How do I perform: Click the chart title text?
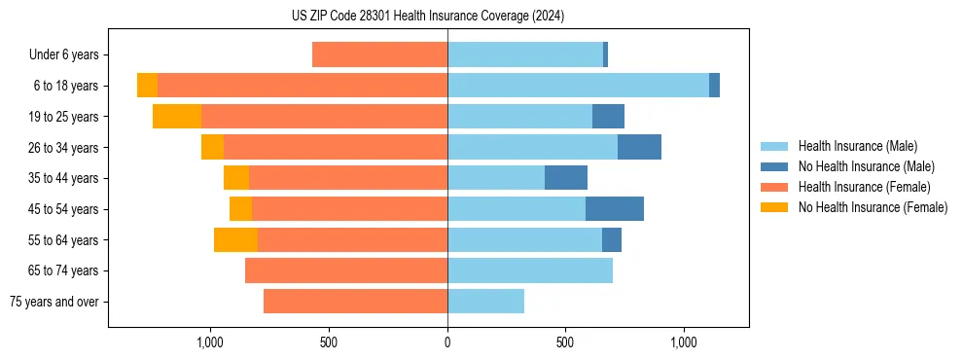(428, 16)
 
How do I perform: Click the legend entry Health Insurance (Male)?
(856, 146)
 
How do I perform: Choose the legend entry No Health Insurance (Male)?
(866, 166)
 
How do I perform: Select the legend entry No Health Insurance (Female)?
(873, 207)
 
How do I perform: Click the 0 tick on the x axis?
(447, 342)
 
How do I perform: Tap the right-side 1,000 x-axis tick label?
(683, 342)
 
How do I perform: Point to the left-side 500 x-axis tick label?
(329, 342)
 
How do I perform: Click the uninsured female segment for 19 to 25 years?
(177, 117)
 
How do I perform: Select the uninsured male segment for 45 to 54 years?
(615, 209)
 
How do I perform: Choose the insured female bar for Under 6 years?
(379, 54)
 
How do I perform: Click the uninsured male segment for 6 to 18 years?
(714, 86)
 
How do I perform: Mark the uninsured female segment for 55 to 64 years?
(235, 240)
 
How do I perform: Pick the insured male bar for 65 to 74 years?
(530, 270)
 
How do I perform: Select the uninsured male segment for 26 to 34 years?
(639, 147)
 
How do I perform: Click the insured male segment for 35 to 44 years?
(496, 178)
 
